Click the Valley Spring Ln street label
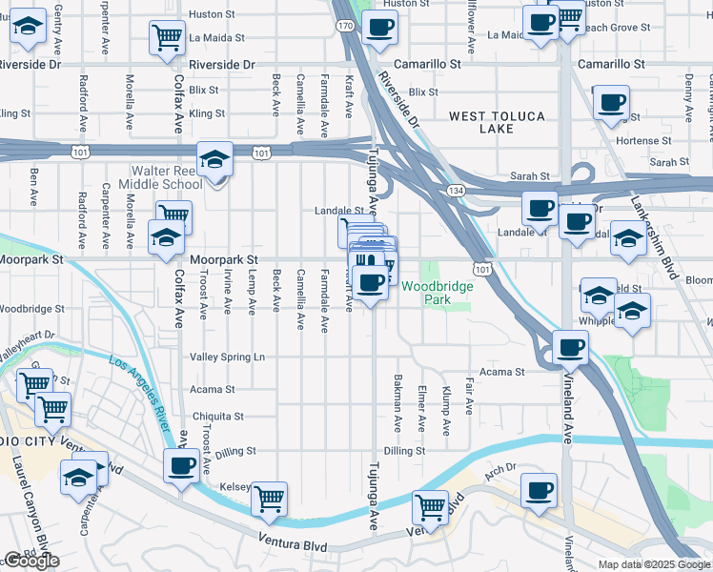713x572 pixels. coord(227,357)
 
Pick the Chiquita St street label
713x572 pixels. coord(218,417)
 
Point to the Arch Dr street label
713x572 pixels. coord(499,468)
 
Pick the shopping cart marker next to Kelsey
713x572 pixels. coord(270,497)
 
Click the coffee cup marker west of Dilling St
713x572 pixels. coord(181,466)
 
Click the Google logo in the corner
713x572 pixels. coord(31,561)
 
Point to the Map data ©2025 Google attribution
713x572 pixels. coord(654,564)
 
